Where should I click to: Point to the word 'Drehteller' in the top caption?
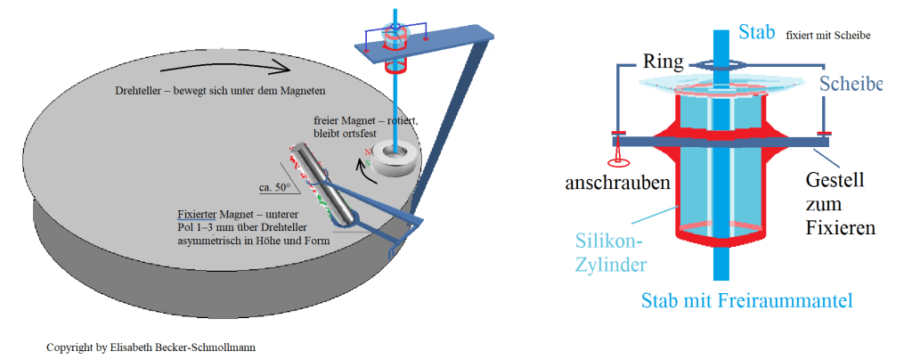[136, 91]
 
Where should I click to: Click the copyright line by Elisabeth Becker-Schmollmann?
[151, 345]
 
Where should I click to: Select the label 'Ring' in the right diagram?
[664, 61]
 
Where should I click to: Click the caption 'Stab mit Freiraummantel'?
[746, 301]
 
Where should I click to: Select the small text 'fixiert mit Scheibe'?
[827, 36]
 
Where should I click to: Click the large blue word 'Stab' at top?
[757, 34]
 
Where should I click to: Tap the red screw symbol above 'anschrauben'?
[615, 160]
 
